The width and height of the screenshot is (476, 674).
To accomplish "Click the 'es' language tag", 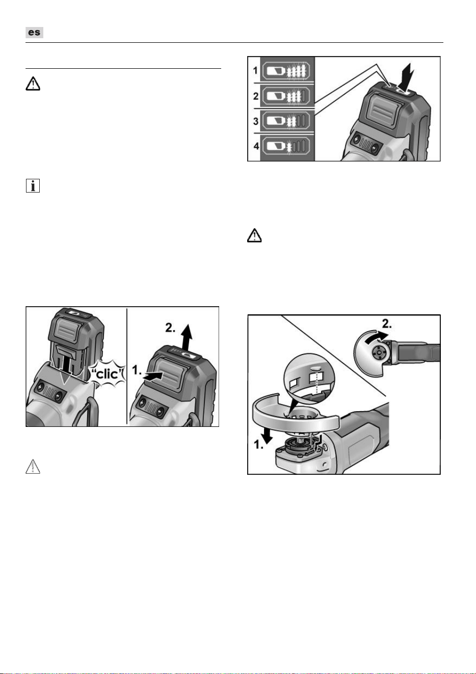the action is [34, 32].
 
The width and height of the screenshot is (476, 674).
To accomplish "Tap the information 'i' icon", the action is [33, 185].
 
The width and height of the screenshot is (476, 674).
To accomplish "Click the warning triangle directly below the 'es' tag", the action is [33, 84].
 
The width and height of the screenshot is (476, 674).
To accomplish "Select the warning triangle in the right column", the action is [254, 235].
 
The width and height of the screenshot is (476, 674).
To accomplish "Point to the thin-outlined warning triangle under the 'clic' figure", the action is [33, 466].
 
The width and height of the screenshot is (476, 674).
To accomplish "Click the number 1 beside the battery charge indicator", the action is [256, 71].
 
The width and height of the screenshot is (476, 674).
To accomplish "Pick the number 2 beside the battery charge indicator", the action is [256, 96].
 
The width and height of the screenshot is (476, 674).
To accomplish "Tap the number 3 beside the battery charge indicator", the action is [256, 121].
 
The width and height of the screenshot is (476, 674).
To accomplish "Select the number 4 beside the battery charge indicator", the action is [256, 147].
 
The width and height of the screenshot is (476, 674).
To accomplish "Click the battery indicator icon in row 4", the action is [286, 147].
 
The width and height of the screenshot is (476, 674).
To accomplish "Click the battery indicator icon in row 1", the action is [286, 71].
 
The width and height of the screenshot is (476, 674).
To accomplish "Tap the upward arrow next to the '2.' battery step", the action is [187, 337].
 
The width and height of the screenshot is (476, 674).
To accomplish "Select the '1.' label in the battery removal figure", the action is [137, 370].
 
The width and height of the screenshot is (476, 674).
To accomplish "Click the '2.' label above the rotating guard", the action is [387, 324].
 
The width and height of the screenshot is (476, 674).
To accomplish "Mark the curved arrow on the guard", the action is [376, 337].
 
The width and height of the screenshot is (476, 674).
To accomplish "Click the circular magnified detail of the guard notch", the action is [309, 379].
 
